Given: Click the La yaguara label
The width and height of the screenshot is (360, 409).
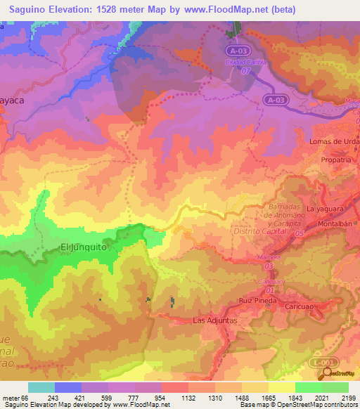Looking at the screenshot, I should click(326, 209).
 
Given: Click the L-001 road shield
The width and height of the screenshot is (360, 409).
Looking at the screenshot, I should click(320, 362).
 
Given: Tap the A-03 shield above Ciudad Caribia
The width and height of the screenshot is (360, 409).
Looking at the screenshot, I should click(239, 51).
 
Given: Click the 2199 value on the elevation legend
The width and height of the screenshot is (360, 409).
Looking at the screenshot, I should click(348, 398).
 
